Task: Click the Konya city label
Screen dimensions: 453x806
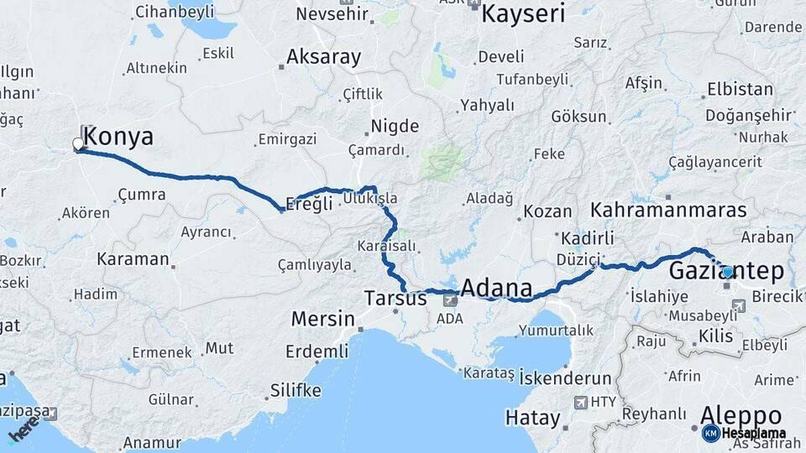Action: pyautogui.click(x=118, y=137)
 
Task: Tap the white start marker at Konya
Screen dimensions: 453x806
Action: pyautogui.click(x=78, y=144)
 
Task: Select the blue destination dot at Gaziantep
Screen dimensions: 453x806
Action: pyautogui.click(x=727, y=272)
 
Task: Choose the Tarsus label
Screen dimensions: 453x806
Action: pyautogui.click(x=396, y=298)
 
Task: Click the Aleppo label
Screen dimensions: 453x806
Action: pyautogui.click(x=741, y=416)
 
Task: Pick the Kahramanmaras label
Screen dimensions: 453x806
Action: pyautogui.click(x=668, y=210)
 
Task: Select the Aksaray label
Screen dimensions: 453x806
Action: pyautogui.click(x=323, y=57)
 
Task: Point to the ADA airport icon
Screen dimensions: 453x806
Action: pyautogui.click(x=452, y=298)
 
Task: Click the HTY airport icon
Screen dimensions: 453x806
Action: pyautogui.click(x=580, y=403)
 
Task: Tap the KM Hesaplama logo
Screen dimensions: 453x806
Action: pyautogui.click(x=744, y=433)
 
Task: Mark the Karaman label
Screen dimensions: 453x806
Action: pyautogui.click(x=133, y=258)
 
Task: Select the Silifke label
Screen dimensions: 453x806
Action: pyautogui.click(x=296, y=391)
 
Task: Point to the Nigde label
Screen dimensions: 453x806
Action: pyautogui.click(x=395, y=127)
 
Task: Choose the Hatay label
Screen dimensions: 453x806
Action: pyautogui.click(x=532, y=417)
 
